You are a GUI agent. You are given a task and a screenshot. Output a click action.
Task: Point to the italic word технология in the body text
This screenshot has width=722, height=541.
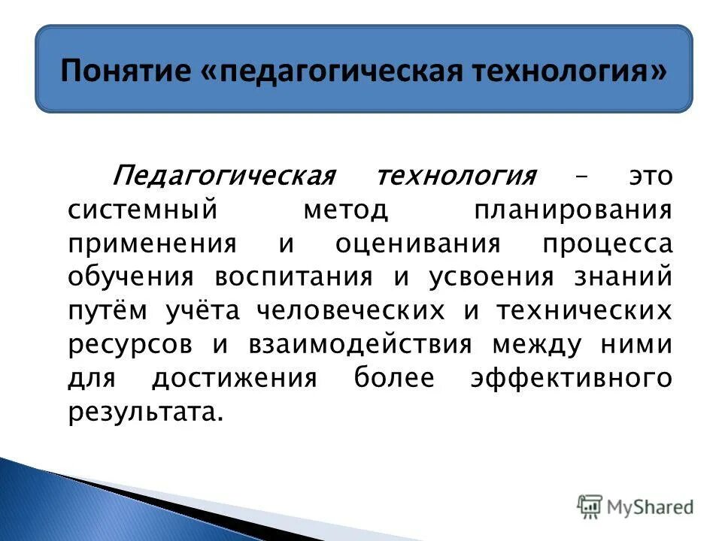click(x=457, y=177)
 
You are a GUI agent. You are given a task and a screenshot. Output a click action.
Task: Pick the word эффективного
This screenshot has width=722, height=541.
click(x=571, y=378)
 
